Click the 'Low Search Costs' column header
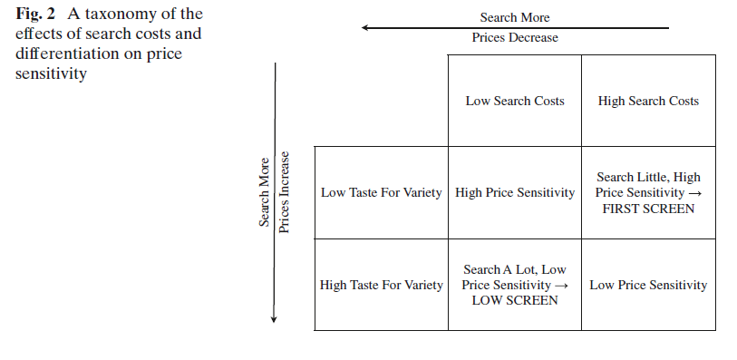click(x=515, y=101)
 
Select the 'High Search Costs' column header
click(x=648, y=101)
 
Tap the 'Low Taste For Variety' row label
click(x=381, y=192)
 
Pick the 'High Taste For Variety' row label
click(x=381, y=285)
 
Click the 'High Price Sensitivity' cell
click(x=515, y=192)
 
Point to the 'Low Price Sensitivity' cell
click(x=648, y=285)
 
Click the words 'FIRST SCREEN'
click(x=648, y=209)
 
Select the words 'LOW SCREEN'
click(x=515, y=301)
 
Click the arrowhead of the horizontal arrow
click(x=365, y=28)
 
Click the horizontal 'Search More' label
click(x=515, y=17)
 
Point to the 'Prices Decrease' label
click(x=515, y=37)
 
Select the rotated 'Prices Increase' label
click(x=286, y=192)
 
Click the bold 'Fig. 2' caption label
click(x=36, y=15)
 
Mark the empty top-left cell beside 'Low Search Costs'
click(x=381, y=101)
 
